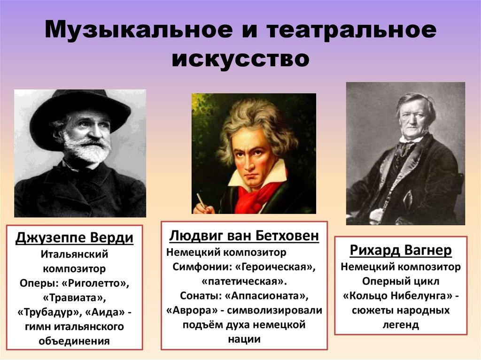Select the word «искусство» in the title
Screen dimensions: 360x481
coord(240,59)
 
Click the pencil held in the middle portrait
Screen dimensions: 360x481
coord(201,200)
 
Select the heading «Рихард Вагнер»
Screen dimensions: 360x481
coord(401,250)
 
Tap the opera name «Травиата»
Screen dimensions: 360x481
coord(74,299)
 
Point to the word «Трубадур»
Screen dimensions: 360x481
coord(45,313)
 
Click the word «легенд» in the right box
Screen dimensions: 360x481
coord(401,325)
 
